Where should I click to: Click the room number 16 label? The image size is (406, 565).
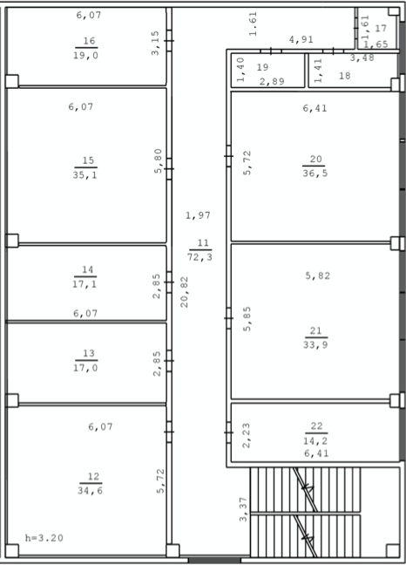[x=89, y=41]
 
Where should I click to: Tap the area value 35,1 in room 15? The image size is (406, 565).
[x=85, y=175]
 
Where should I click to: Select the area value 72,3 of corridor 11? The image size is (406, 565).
[x=200, y=257]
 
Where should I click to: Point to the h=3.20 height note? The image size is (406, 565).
[x=44, y=538]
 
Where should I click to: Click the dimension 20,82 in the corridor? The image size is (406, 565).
[x=184, y=292]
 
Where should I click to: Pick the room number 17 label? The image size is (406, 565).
[x=381, y=28]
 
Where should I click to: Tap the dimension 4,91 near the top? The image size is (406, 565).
[x=301, y=39]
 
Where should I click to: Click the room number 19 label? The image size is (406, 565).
[x=262, y=67]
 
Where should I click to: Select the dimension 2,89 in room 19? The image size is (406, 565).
[x=272, y=81]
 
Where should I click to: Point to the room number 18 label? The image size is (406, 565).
[x=344, y=76]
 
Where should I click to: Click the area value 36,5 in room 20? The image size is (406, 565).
[x=315, y=174]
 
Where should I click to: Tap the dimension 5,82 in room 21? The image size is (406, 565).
[x=317, y=276]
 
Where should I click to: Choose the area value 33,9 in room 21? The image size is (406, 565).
[x=315, y=344]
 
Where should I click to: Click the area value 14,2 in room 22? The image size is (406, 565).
[x=315, y=440]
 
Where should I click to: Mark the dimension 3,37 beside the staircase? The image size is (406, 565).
[x=243, y=509]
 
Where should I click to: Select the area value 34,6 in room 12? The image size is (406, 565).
[x=90, y=490]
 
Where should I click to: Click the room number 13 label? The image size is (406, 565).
[x=88, y=353]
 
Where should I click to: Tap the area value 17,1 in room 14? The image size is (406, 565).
[x=85, y=284]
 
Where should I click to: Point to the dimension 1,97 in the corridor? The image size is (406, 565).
[x=198, y=215]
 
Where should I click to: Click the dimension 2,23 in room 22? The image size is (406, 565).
[x=247, y=436]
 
